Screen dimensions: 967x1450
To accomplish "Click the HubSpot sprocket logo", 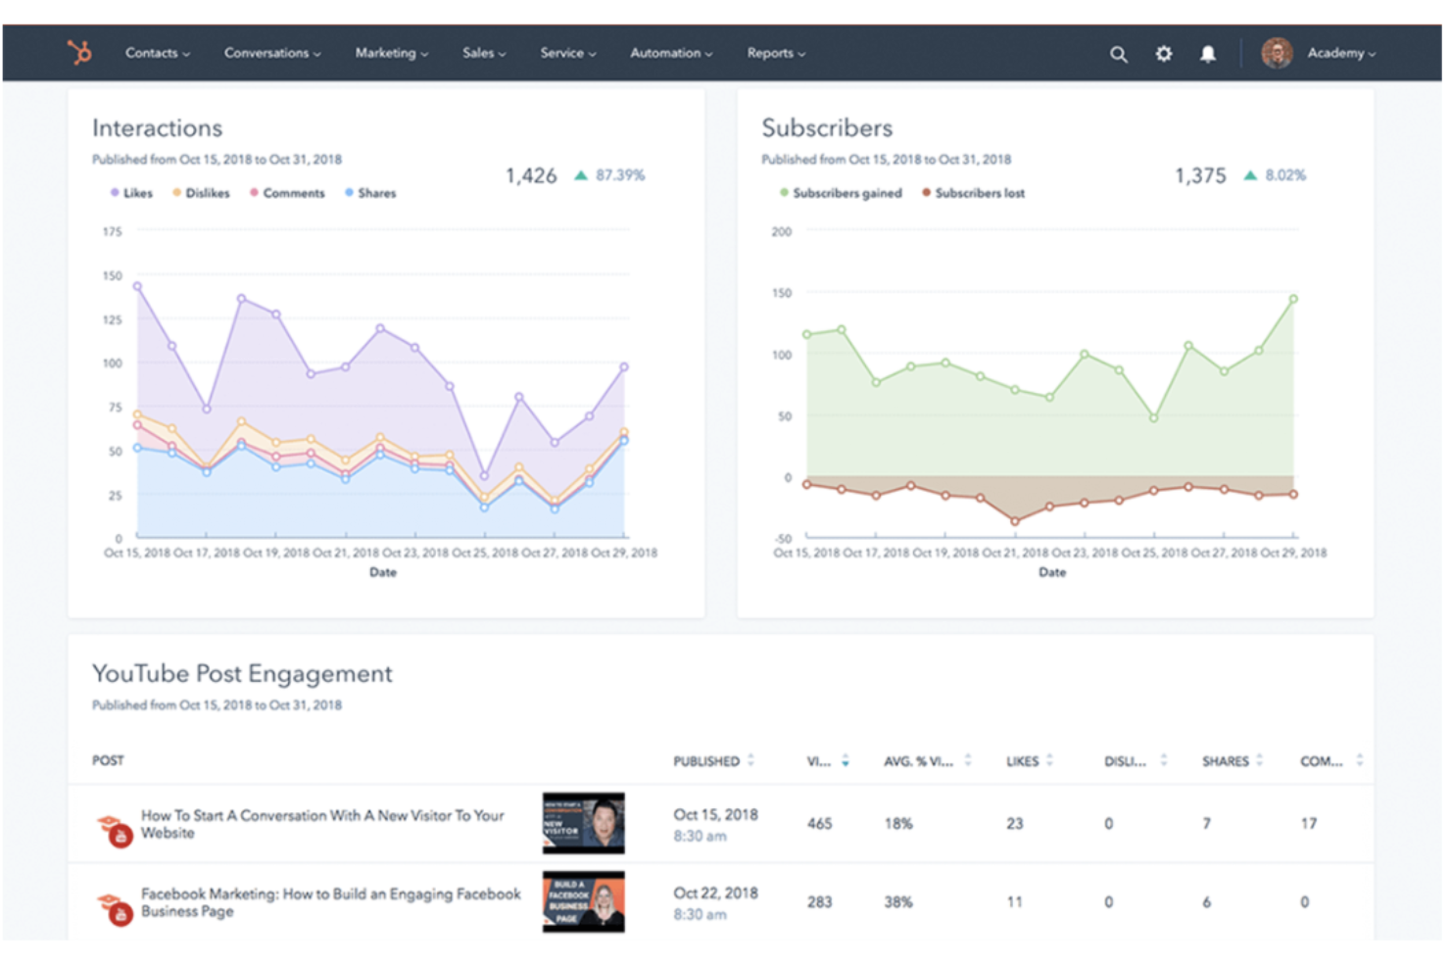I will click(x=79, y=52).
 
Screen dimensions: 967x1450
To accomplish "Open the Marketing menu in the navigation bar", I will click(x=391, y=53).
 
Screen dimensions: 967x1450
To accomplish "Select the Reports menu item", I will click(x=775, y=53).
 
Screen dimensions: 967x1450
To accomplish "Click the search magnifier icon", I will click(x=1118, y=54).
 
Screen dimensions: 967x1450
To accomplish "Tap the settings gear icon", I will click(x=1163, y=54).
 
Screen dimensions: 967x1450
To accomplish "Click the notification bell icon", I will click(x=1208, y=54).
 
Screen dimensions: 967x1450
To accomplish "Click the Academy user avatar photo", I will click(x=1277, y=53).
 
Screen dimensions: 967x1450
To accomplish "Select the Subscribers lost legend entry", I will click(x=979, y=193).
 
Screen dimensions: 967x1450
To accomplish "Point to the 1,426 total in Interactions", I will click(x=531, y=175).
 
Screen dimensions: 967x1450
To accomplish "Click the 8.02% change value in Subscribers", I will click(x=1284, y=175).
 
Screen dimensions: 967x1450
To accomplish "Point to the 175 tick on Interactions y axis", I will click(x=113, y=232).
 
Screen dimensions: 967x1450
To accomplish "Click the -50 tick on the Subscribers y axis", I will click(x=783, y=539).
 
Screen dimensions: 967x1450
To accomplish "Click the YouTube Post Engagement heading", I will click(x=242, y=674).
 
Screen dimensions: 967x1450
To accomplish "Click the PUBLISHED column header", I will click(x=706, y=761).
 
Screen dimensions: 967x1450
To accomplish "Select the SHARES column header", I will click(x=1225, y=761).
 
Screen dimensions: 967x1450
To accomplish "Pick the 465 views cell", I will click(x=819, y=824).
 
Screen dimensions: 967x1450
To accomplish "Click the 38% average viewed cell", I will click(x=898, y=902).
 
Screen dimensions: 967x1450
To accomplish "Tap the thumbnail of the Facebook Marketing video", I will click(x=584, y=901).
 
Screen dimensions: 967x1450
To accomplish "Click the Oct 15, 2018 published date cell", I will click(x=715, y=815).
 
